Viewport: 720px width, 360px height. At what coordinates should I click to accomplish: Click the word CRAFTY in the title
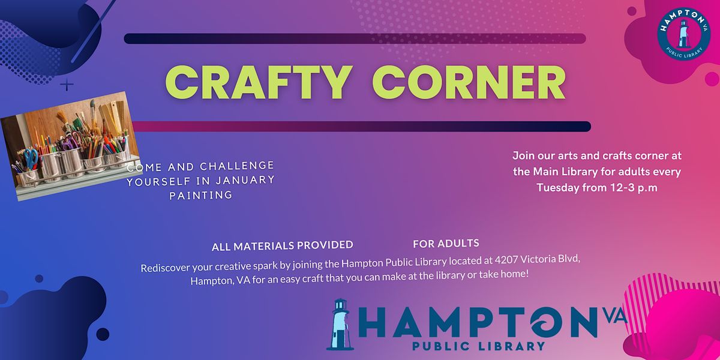click(258, 82)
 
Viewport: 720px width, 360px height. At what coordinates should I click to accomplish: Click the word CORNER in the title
click(469, 82)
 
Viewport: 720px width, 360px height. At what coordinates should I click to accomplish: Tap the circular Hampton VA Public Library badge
click(683, 34)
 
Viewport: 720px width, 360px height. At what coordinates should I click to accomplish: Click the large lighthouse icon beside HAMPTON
click(340, 324)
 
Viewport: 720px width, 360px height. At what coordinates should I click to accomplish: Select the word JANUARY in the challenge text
click(245, 181)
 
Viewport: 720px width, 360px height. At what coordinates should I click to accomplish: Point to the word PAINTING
click(201, 195)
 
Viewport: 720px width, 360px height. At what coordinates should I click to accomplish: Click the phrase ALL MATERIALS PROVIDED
click(283, 246)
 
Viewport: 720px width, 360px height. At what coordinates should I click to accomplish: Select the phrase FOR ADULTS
click(446, 244)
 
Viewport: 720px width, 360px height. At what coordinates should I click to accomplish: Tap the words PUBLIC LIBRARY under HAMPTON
click(479, 346)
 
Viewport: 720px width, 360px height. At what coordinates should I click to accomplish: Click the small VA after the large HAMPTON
click(615, 316)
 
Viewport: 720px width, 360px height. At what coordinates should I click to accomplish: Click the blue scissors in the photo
click(31, 159)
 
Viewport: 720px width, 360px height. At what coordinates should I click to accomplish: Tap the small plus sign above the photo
click(67, 85)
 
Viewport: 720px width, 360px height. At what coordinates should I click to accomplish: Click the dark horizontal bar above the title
click(355, 38)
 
